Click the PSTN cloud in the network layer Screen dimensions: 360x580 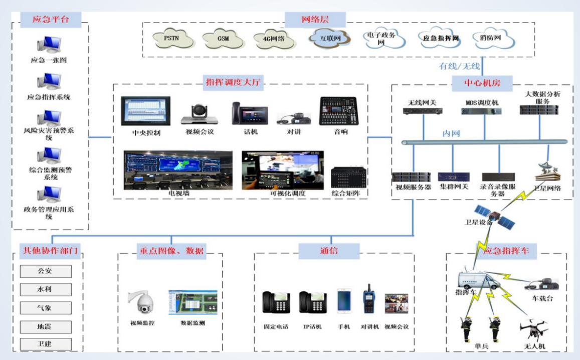pos(174,39)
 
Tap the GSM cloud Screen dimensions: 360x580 pos(224,39)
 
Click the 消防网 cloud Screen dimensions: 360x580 pos(489,38)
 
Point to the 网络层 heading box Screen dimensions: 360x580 pos(315,20)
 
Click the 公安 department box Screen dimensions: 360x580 pos(46,271)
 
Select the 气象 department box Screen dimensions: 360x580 pos(46,308)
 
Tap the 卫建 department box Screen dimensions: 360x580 pos(46,344)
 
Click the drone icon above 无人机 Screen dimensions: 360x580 pos(534,328)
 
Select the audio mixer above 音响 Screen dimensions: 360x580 pos(338,111)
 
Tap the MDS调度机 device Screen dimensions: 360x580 pos(482,110)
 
